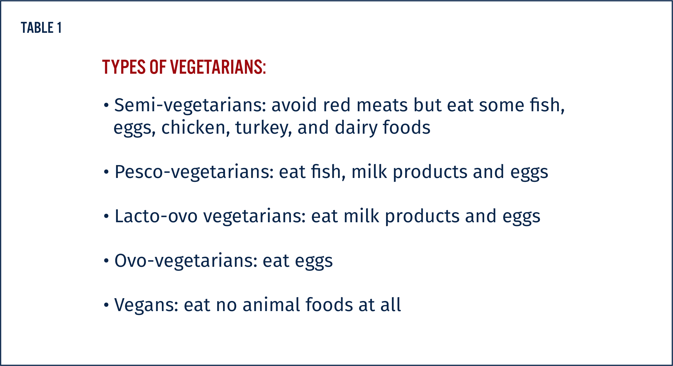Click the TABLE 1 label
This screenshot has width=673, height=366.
tap(41, 28)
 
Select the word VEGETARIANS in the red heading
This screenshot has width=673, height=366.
tap(218, 67)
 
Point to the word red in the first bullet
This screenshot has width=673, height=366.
tap(337, 105)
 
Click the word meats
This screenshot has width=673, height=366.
tap(382, 105)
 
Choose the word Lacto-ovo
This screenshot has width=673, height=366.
tap(156, 216)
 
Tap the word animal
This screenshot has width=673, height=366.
tap(271, 305)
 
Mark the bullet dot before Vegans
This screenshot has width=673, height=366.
tap(106, 305)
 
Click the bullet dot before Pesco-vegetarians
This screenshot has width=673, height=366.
tap(106, 172)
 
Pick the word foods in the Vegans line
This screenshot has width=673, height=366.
tap(329, 305)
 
